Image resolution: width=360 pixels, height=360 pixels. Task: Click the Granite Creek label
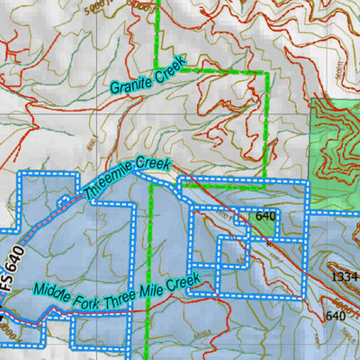click(x=148, y=76)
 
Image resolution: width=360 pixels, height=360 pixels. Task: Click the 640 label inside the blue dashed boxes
click(x=265, y=216)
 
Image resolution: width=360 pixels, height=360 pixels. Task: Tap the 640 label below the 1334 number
click(x=335, y=315)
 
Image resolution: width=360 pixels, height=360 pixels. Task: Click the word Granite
click(x=131, y=82)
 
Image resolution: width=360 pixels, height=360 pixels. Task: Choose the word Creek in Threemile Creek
click(x=156, y=167)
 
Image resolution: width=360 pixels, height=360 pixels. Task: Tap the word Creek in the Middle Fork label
click(x=182, y=284)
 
